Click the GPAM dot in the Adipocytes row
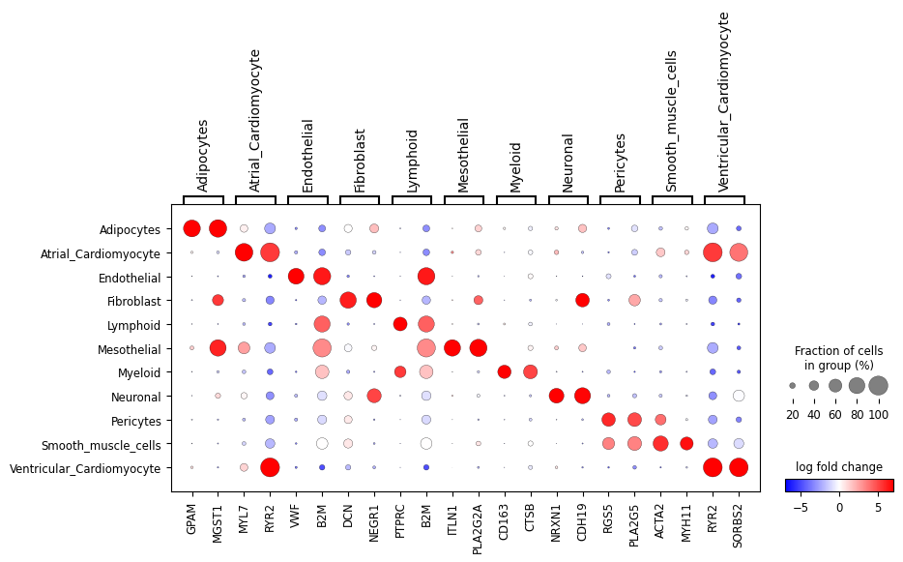191,229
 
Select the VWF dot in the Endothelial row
296,277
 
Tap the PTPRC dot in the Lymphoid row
400,324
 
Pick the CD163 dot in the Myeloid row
505,372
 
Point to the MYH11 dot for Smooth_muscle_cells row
686,444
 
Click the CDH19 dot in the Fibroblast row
582,300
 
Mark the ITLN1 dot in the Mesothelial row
452,348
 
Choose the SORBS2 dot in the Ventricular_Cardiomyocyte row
739,468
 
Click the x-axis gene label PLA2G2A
478,528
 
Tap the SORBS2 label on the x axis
739,525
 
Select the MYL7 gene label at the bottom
244,519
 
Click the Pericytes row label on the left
136,421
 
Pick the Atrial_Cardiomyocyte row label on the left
101,253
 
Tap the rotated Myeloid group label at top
515,167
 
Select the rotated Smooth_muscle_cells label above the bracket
671,122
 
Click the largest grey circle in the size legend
878,386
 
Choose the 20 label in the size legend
793,414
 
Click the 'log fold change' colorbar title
839,467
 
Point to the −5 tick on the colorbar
801,508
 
